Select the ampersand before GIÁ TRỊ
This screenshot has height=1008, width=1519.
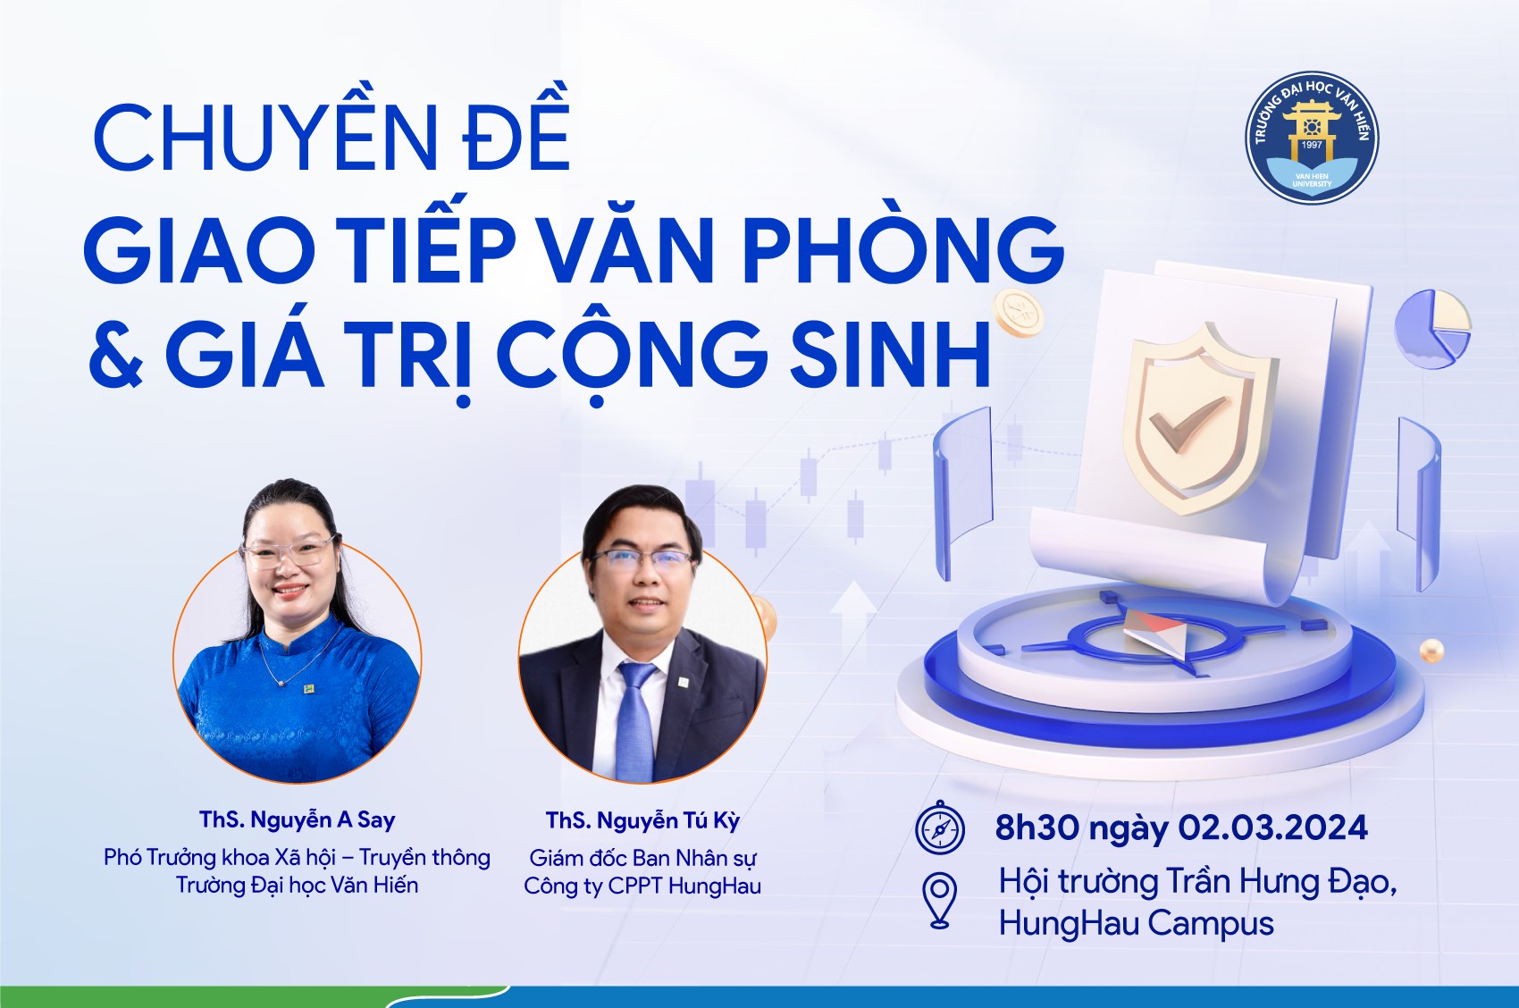(116, 353)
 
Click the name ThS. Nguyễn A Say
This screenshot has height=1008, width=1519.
(297, 820)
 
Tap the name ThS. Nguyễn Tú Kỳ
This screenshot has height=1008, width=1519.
(642, 820)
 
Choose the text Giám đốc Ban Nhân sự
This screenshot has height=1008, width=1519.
(642, 859)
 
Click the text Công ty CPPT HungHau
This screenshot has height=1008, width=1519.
(642, 886)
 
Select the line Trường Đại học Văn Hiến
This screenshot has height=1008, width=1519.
(297, 886)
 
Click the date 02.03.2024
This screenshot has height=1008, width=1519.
(1273, 828)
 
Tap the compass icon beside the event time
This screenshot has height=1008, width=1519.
(940, 827)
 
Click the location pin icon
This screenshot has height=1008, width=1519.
(940, 900)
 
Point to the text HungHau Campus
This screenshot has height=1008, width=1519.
(1136, 924)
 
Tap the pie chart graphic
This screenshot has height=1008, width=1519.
(1432, 329)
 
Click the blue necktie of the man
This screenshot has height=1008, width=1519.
(634, 720)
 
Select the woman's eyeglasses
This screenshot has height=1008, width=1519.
(291, 552)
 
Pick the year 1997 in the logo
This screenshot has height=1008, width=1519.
(1312, 145)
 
